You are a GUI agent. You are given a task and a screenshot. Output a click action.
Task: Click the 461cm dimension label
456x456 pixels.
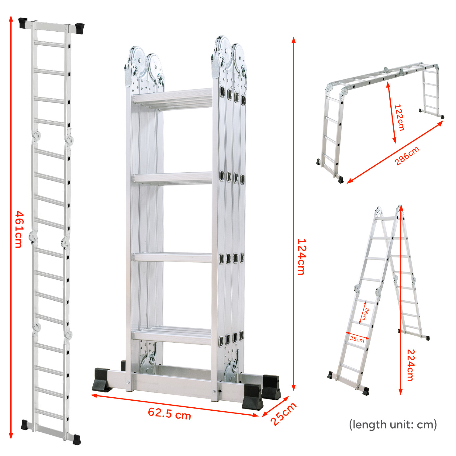coord(19,229)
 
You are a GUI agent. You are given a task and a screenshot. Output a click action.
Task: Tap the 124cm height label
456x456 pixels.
coord(301,257)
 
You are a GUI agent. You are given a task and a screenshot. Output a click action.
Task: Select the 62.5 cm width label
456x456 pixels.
coord(170,413)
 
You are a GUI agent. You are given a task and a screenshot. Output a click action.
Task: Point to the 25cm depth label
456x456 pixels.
coord(283,414)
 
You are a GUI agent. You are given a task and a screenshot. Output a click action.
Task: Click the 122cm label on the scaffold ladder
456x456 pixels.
coord(399,117)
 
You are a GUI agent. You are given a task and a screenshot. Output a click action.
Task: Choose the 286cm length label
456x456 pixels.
coord(407,156)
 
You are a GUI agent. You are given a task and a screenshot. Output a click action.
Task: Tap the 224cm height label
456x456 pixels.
coord(411,365)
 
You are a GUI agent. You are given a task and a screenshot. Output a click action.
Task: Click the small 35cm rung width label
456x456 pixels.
coord(357,339)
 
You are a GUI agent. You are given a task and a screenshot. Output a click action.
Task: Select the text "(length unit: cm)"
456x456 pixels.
coord(393,424)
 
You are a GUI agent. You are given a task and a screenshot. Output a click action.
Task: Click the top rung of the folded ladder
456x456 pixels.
coord(172,98)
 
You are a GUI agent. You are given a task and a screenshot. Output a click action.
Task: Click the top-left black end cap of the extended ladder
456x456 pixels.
coord(23,23)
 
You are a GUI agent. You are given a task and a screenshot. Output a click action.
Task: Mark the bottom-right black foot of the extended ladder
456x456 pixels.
coord(77,440)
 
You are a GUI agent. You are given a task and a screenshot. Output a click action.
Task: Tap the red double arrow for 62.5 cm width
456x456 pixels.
coord(175,406)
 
